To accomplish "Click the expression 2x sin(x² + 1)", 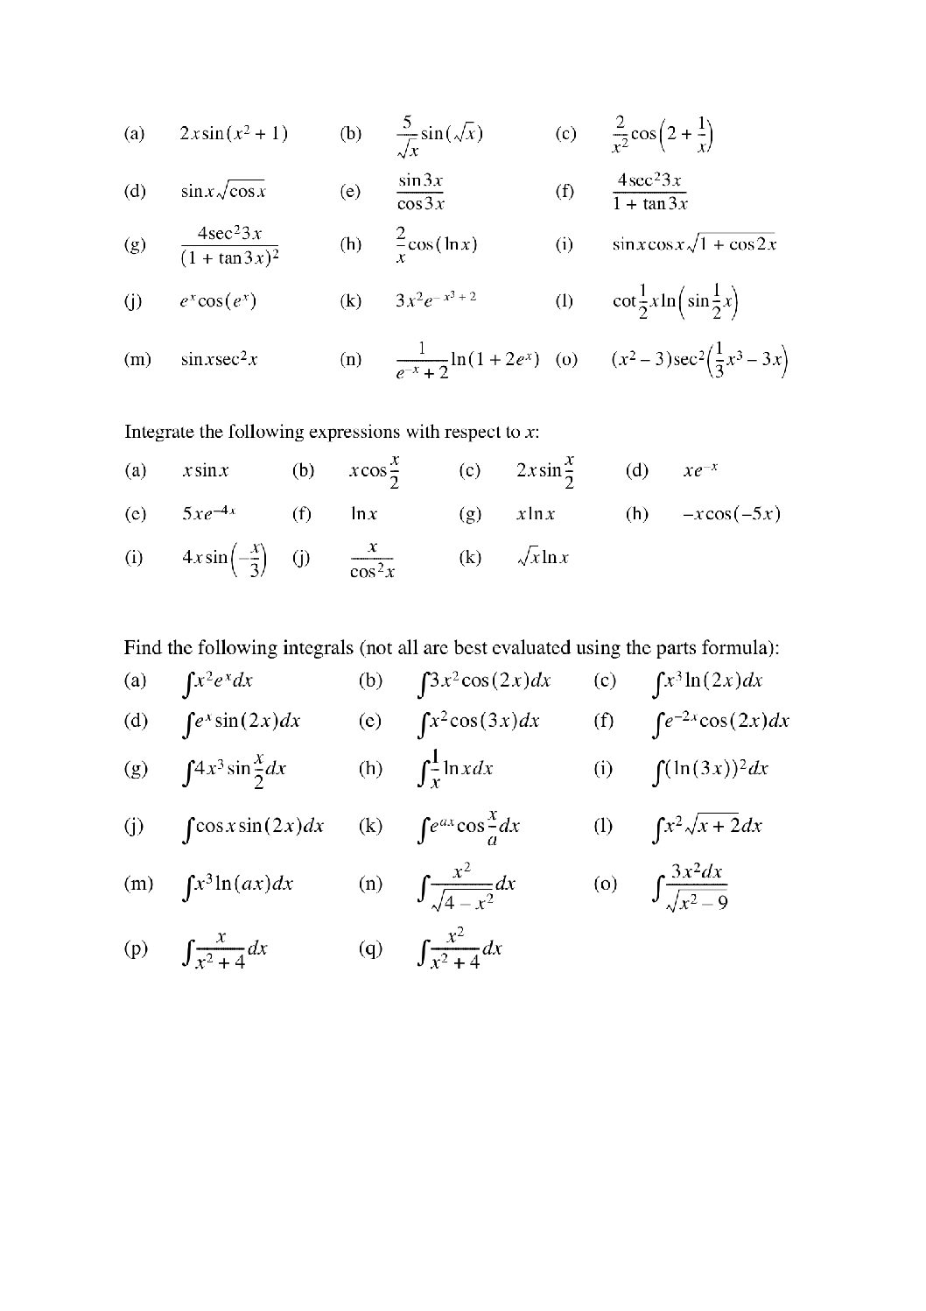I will tap(233, 134).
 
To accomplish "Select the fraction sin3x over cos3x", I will tap(420, 192).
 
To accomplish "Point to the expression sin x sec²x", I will tap(219, 359).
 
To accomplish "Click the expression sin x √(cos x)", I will tap(223, 192).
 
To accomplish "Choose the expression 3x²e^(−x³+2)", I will tap(435, 300).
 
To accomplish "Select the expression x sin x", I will tap(205, 471).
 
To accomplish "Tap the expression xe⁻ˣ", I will tap(700, 471).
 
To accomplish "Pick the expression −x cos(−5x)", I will tap(731, 514).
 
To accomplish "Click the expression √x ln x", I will tap(543, 557).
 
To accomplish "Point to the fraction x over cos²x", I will tap(372, 559).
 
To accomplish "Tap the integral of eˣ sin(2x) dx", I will tap(241, 722).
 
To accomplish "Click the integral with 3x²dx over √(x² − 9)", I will tap(691, 885).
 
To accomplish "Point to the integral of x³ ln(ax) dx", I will tap(236, 885).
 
